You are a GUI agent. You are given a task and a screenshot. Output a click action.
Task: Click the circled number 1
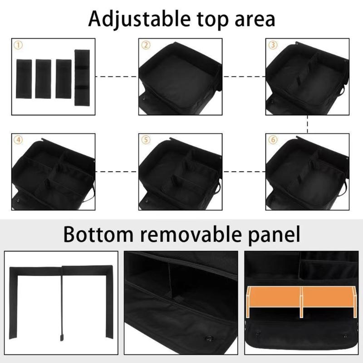coord(18,45)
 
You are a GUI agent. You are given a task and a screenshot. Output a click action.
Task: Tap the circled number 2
coord(146,45)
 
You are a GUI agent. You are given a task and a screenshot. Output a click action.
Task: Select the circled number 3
coord(273,45)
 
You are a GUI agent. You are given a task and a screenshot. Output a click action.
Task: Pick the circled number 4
coord(18,140)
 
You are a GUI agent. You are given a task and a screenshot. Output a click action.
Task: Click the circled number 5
coord(146,140)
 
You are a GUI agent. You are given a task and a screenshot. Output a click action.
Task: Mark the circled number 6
coord(273,140)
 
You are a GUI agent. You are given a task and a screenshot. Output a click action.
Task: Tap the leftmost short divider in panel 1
coord(24,78)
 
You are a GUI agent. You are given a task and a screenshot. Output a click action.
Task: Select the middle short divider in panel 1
coord(43,78)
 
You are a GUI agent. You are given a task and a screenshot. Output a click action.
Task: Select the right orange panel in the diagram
coord(327,298)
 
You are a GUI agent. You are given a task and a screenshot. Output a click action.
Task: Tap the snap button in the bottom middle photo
coord(210,337)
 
